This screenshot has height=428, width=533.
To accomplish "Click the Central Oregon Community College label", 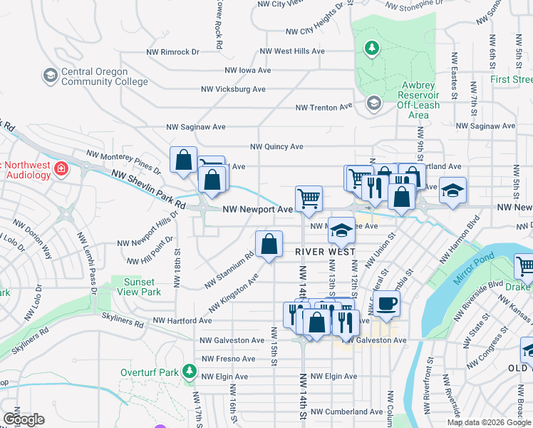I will click(x=95, y=76).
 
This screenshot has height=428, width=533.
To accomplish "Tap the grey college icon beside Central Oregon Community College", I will click(x=50, y=75).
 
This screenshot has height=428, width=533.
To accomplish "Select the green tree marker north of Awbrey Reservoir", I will click(x=371, y=49).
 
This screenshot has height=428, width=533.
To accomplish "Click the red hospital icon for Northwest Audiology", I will click(x=62, y=170).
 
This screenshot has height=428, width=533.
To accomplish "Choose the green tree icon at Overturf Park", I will click(x=189, y=371).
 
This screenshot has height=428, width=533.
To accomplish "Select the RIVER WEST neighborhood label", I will click(x=325, y=252).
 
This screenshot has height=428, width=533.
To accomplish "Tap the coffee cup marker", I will click(x=386, y=304).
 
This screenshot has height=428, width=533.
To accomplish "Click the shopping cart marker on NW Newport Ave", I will click(x=309, y=198).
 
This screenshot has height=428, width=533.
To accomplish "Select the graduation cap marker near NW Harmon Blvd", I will click(x=452, y=190).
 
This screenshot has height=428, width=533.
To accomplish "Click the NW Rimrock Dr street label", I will click(x=170, y=52).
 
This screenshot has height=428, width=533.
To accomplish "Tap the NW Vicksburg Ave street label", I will click(x=233, y=89).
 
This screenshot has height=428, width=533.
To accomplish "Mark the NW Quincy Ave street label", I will click(x=276, y=147).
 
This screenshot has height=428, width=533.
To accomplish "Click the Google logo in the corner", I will click(x=24, y=419).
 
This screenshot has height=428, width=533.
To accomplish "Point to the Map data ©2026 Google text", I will click(x=489, y=422).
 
